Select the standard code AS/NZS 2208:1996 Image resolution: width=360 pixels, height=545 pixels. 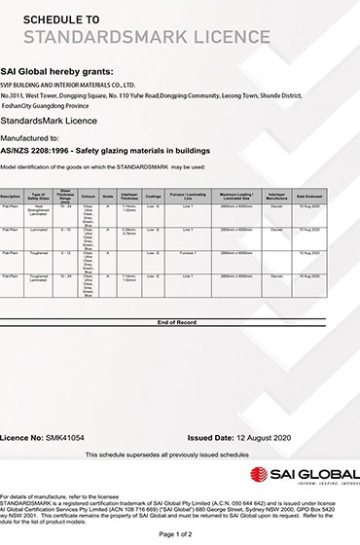[x=40, y=151]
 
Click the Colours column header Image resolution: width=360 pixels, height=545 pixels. [x=90, y=197]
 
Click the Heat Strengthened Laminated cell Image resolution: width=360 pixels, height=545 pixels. [x=40, y=210]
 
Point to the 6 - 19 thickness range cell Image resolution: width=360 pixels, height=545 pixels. [x=65, y=230]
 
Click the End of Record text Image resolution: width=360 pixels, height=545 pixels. [x=177, y=321]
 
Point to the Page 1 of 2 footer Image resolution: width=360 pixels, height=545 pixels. [x=177, y=534]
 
